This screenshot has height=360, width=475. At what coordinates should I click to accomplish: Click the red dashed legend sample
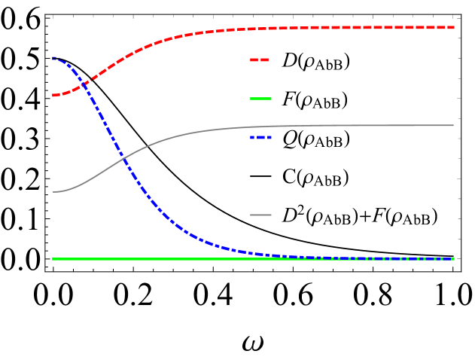tap(260, 59)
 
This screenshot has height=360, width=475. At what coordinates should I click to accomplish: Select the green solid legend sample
tap(260, 99)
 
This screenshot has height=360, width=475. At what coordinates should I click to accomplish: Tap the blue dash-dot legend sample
tap(260, 138)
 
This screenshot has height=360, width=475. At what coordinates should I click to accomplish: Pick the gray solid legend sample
tap(260, 215)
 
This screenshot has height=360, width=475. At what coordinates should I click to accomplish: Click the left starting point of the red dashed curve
tap(53, 96)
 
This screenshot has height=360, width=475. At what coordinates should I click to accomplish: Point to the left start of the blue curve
tap(53, 58)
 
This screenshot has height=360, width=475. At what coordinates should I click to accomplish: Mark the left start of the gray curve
tap(53, 192)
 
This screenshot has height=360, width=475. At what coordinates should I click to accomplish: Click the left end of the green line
tap(53, 259)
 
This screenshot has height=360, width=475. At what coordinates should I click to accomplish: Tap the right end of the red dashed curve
tap(453, 27)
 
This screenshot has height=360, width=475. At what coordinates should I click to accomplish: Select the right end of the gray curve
tap(453, 125)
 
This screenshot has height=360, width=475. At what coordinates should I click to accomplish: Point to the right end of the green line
tap(453, 259)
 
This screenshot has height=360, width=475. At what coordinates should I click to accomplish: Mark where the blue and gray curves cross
tap(123, 158)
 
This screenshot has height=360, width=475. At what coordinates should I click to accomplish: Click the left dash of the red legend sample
tap(254, 59)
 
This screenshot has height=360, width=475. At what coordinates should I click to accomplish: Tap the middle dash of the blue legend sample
tap(260, 138)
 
